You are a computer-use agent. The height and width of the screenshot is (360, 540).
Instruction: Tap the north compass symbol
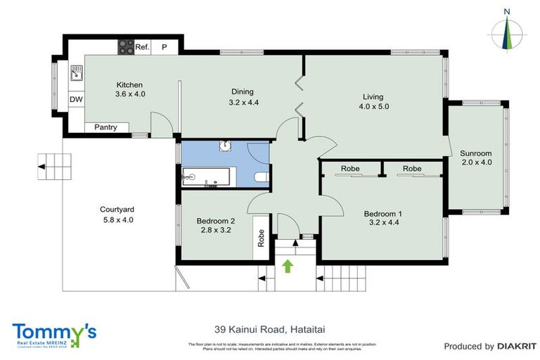point(506,30)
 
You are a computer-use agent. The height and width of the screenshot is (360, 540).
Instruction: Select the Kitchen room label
point(129,85)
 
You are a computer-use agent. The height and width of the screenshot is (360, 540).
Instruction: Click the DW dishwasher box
point(75,100)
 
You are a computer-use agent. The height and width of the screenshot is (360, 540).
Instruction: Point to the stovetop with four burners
point(125,46)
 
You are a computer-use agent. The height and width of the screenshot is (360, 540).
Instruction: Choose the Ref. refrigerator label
point(142,47)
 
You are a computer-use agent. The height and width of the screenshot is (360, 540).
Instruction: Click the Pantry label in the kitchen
point(106,127)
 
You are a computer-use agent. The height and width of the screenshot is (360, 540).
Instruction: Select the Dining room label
point(242,91)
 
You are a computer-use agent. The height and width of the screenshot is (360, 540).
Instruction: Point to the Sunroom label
point(476,153)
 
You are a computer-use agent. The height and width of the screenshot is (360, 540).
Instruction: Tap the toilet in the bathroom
point(259,178)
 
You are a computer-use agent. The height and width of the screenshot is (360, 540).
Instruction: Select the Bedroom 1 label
point(382,214)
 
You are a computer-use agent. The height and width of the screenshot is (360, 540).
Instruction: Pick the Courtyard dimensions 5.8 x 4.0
point(117,219)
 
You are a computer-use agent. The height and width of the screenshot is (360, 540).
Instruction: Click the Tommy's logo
point(53,334)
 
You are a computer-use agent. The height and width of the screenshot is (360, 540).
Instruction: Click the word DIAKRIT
point(517,346)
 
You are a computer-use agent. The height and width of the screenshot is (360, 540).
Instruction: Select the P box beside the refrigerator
point(165,47)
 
